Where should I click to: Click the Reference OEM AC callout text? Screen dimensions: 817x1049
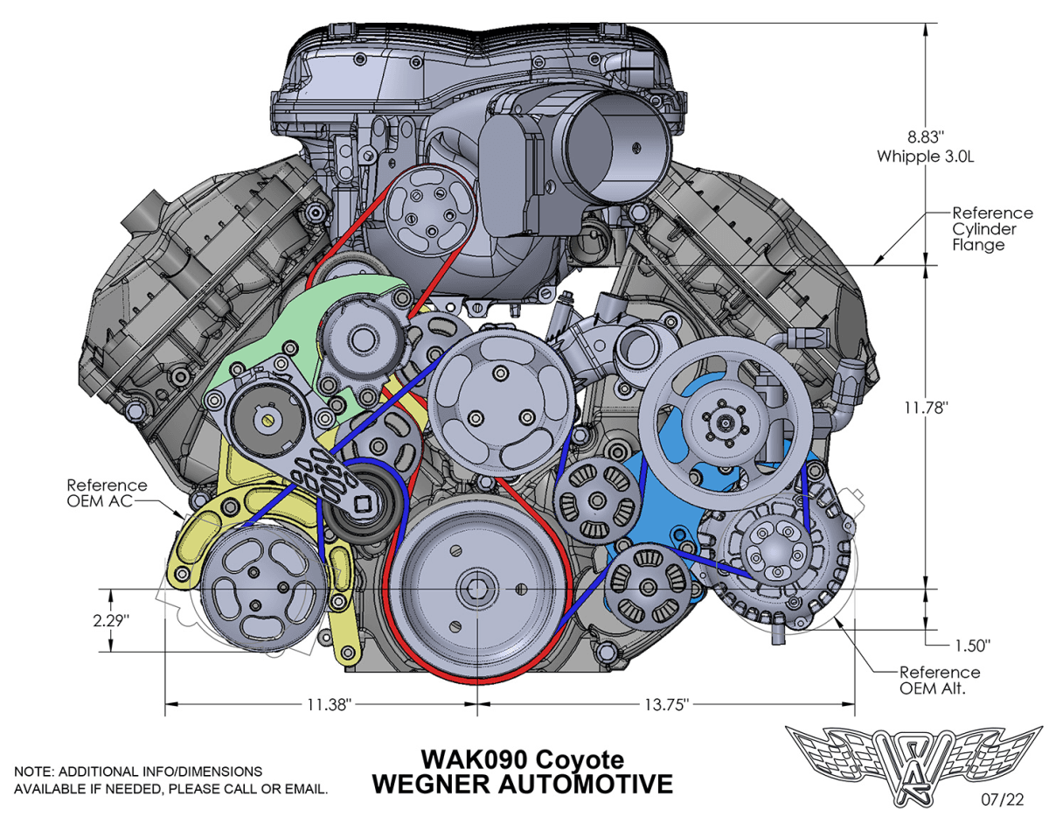tap(108, 493)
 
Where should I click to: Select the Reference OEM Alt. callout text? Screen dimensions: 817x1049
tap(939, 681)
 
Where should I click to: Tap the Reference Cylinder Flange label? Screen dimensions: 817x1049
tap(992, 229)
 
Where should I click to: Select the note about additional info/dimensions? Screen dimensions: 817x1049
tap(171, 780)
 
